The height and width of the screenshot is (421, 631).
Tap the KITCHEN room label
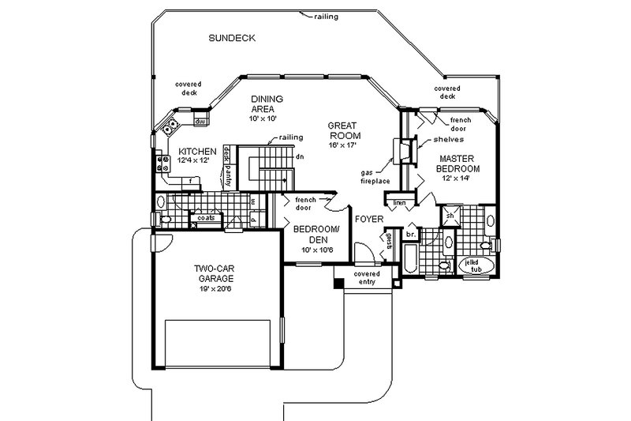point(197,152)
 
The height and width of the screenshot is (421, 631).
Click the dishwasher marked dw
point(200,122)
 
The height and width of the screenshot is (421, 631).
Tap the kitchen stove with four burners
point(164,164)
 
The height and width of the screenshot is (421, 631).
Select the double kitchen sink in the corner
point(168,127)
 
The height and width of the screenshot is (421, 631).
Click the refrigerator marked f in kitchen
point(190,182)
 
